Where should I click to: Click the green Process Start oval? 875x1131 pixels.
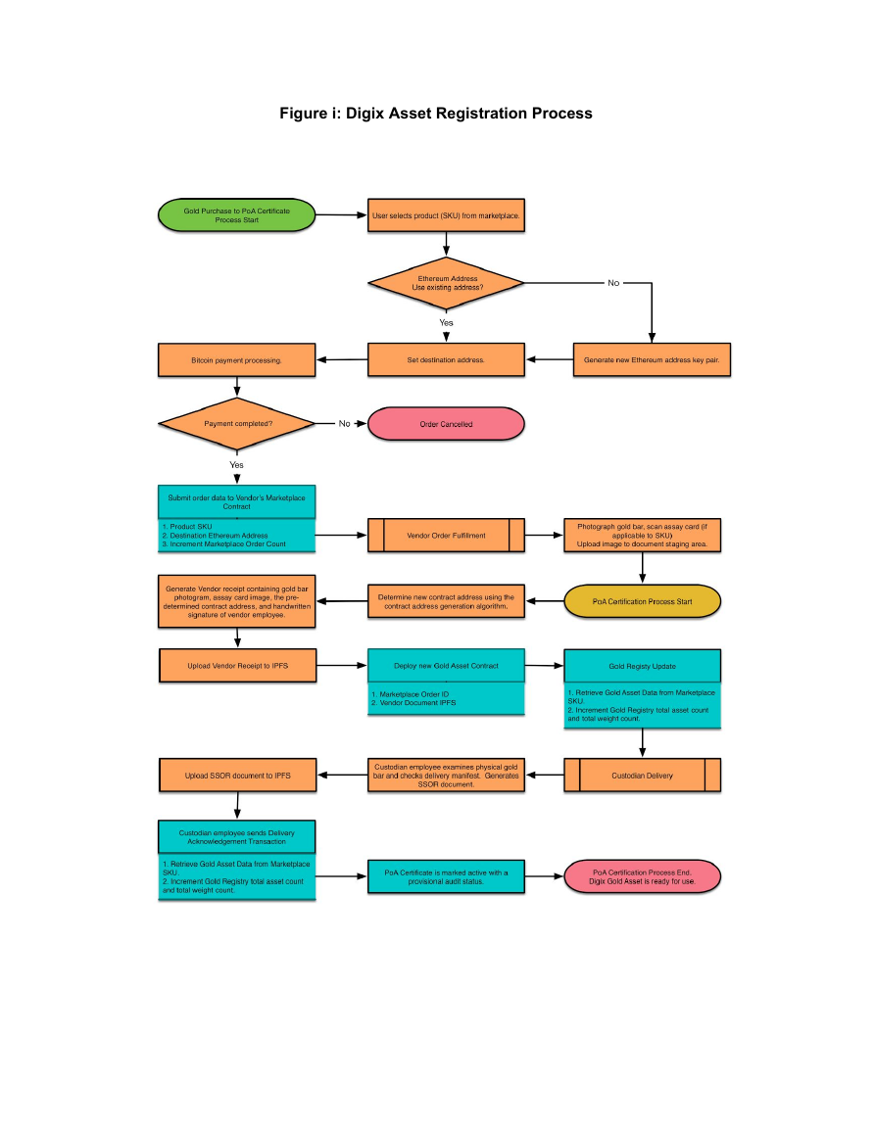click(237, 215)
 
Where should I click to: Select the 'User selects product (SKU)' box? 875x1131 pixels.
click(446, 215)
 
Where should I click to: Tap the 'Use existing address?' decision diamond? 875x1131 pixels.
click(446, 283)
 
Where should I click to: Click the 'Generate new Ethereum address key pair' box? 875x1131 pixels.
click(652, 360)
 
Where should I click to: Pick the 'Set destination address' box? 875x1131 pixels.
click(446, 360)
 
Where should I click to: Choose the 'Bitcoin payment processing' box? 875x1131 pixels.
click(237, 360)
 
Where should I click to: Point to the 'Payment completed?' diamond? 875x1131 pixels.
click(237, 423)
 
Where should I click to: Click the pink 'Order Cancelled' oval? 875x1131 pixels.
click(446, 424)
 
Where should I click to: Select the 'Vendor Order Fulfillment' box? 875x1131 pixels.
click(446, 536)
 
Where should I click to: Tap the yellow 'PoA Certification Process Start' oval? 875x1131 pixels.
click(643, 601)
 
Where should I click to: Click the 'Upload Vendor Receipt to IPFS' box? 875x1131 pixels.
click(237, 666)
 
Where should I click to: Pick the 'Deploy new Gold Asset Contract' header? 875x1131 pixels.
click(446, 666)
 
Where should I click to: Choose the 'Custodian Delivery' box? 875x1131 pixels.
click(643, 776)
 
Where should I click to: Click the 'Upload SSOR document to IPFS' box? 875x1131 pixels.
click(237, 776)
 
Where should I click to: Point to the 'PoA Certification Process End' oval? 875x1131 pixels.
click(643, 876)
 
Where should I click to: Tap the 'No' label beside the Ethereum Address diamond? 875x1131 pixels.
click(613, 283)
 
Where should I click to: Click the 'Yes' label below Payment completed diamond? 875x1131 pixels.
click(237, 465)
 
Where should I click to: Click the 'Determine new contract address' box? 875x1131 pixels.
click(446, 601)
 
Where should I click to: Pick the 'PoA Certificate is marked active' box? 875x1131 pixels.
click(446, 876)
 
